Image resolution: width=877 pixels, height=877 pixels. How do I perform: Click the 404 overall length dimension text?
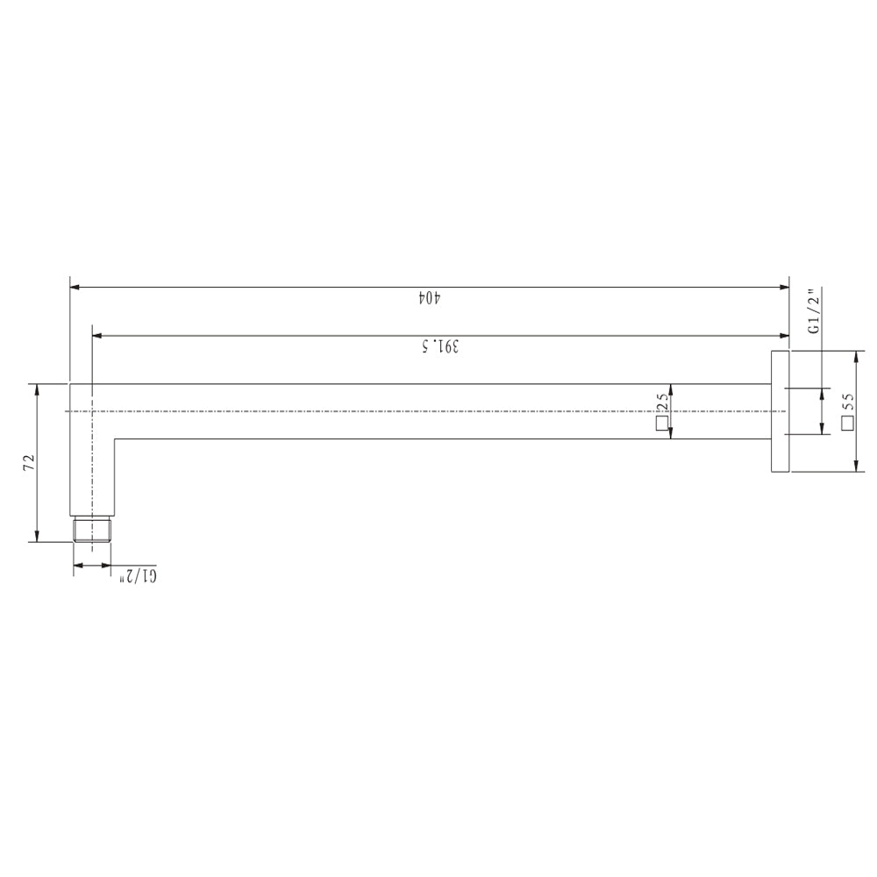pyautogui.click(x=427, y=298)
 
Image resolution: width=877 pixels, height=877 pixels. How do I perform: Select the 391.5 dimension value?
pyautogui.click(x=440, y=346)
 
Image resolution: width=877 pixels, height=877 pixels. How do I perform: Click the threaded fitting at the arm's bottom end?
pyautogui.click(x=92, y=530)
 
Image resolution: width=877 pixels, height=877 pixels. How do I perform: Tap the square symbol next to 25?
pyautogui.click(x=661, y=425)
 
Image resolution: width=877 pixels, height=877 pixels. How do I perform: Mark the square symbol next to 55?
pyautogui.click(x=846, y=424)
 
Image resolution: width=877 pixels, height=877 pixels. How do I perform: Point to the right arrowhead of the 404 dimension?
pyautogui.click(x=786, y=287)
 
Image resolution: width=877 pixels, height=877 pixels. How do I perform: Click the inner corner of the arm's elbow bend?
pyautogui.click(x=115, y=438)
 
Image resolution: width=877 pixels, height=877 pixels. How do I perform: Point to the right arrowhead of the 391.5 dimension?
pyautogui.click(x=786, y=335)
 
